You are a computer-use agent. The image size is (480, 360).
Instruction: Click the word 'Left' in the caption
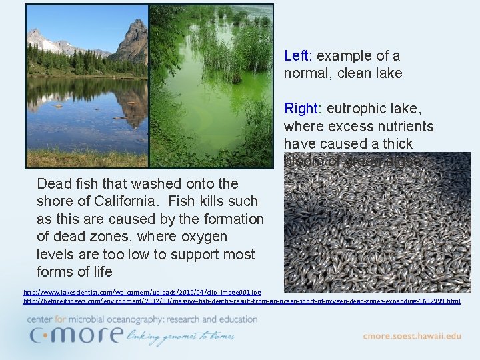coord(296,56)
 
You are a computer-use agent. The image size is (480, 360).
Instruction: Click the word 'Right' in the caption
coord(301,108)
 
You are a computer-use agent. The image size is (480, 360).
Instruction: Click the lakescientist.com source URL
coord(142,292)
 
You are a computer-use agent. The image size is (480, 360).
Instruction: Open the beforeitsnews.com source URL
coord(241,301)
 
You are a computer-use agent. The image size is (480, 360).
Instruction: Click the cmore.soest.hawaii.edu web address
coord(411,336)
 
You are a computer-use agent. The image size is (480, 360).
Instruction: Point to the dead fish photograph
coord(377,227)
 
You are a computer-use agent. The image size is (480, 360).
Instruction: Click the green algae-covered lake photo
coord(211,85)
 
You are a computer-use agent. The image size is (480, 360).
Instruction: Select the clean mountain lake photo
coord(87,85)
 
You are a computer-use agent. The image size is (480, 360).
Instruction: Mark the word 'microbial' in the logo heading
coord(98,319)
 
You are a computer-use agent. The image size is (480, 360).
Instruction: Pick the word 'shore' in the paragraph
coord(56,201)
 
